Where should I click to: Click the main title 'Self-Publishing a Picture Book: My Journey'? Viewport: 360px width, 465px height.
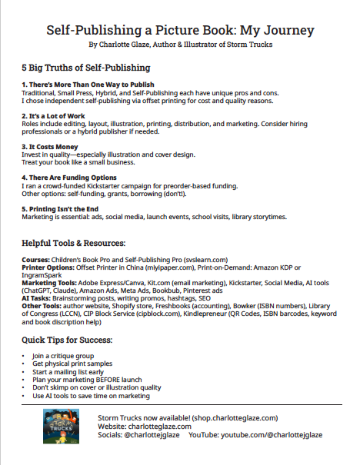pyautogui.click(x=180, y=31)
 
